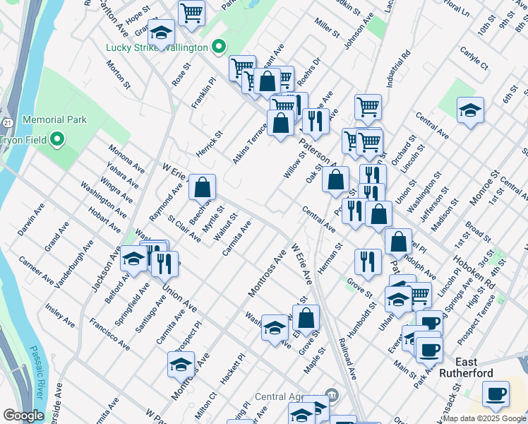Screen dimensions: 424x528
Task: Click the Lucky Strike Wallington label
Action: click(x=156, y=48)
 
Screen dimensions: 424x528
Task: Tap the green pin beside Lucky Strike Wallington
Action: click(x=219, y=48)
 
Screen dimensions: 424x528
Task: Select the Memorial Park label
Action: click(x=54, y=120)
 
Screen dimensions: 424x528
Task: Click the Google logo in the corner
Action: click(x=24, y=416)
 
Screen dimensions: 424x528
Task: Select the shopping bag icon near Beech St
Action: click(x=202, y=187)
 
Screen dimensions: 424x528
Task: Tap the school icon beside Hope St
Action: click(x=161, y=33)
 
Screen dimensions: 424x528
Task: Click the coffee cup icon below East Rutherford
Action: click(x=496, y=394)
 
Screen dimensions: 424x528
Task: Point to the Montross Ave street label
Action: click(x=267, y=276)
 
